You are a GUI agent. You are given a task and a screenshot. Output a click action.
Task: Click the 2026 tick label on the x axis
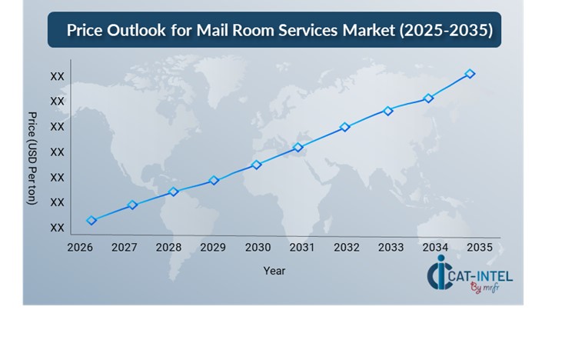[80, 247]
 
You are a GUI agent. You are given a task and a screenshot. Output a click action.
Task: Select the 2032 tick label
[347, 247]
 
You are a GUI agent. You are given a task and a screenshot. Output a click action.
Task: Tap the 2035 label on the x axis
[480, 247]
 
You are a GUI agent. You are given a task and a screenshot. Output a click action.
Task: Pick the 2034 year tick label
[436, 247]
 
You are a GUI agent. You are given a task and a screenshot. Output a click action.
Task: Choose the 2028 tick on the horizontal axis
[169, 247]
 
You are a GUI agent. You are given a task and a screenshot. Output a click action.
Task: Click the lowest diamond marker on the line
[91, 221]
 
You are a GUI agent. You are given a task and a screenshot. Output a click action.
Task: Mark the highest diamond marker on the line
[470, 74]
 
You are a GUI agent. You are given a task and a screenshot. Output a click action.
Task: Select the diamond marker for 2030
[257, 165]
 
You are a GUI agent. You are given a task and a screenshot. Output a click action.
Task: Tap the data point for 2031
[298, 147]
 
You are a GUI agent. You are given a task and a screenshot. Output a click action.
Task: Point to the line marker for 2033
[388, 111]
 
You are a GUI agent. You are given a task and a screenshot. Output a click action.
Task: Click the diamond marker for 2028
[174, 192]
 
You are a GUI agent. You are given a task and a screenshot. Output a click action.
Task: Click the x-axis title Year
[274, 271]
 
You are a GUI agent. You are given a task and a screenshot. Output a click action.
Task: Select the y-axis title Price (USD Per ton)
[32, 158]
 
